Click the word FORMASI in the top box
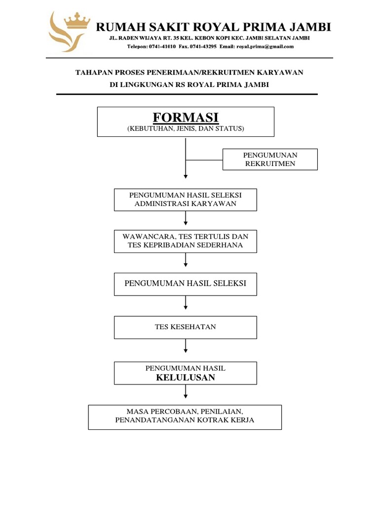pyautogui.click(x=185, y=118)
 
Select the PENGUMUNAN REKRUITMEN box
pyautogui.click(x=270, y=159)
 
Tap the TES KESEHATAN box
pyautogui.click(x=186, y=327)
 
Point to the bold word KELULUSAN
pyautogui.click(x=186, y=378)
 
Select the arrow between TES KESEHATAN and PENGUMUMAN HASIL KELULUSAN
pyautogui.click(x=186, y=346)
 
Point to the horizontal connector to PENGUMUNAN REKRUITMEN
pyautogui.click(x=204, y=160)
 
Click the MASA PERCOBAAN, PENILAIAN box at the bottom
pyautogui.click(x=185, y=417)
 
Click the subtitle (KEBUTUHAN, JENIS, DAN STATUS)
pyautogui.click(x=186, y=129)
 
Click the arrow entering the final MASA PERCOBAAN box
pyautogui.click(x=186, y=392)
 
